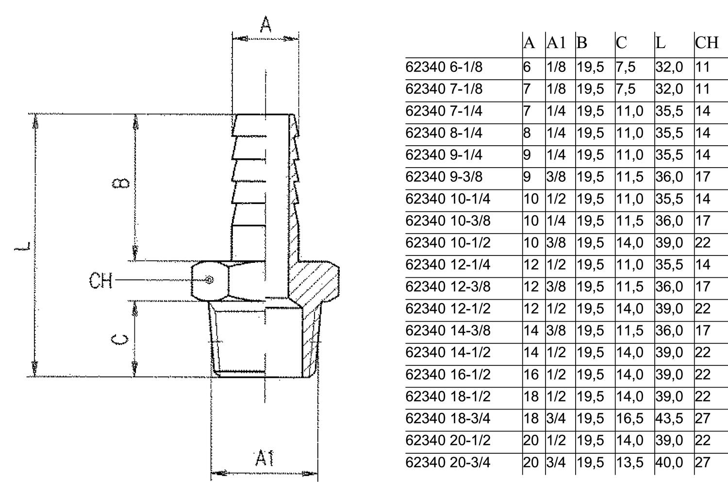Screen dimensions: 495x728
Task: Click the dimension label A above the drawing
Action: pyautogui.click(x=265, y=24)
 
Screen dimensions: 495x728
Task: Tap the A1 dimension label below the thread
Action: pyautogui.click(x=265, y=458)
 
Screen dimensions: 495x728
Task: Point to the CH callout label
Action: pyautogui.click(x=101, y=280)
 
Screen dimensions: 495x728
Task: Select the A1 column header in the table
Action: pyautogui.click(x=556, y=43)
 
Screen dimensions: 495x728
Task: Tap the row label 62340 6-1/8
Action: pyautogui.click(x=444, y=67)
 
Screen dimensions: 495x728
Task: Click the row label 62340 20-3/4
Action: pyautogui.click(x=448, y=462)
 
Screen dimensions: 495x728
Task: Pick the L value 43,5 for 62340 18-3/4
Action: pyautogui.click(x=669, y=418)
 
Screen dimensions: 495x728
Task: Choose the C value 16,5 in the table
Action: pyautogui.click(x=629, y=418)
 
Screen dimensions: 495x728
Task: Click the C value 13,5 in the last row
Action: pyautogui.click(x=629, y=462)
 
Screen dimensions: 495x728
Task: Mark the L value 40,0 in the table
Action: pyautogui.click(x=669, y=462)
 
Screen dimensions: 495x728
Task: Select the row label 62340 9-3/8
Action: pyautogui.click(x=444, y=177)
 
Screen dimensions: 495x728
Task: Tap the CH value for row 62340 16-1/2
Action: pyautogui.click(x=702, y=375)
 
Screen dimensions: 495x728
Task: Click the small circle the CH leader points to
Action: pyautogui.click(x=209, y=280)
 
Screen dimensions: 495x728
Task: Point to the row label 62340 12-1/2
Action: pyautogui.click(x=448, y=308)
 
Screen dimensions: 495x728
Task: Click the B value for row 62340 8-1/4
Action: pyautogui.click(x=590, y=133)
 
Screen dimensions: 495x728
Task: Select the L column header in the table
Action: pyautogui.click(x=660, y=43)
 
